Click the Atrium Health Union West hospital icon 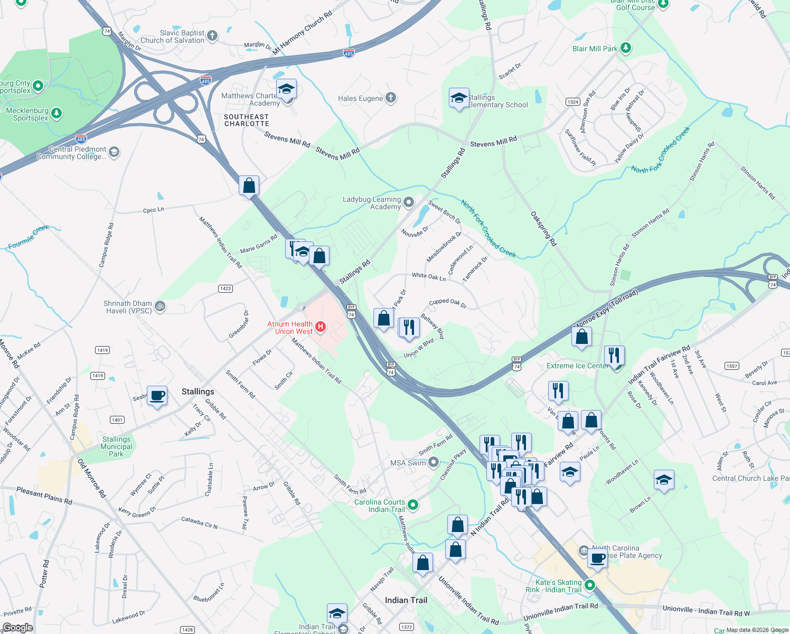pyautogui.click(x=320, y=328)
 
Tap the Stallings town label pyautogui.click(x=198, y=391)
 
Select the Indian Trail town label pyautogui.click(x=406, y=600)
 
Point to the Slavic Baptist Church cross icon pyautogui.click(x=212, y=36)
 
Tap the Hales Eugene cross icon pyautogui.click(x=390, y=98)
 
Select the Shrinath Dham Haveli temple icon pyautogui.click(x=160, y=306)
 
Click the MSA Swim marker pyautogui.click(x=434, y=462)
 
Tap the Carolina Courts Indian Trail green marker pyautogui.click(x=413, y=505)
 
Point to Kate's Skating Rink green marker pyautogui.click(x=589, y=585)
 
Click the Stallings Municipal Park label pyautogui.click(x=116, y=446)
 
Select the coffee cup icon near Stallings pyautogui.click(x=157, y=396)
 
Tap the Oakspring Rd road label pyautogui.click(x=543, y=229)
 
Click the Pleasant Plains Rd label pyautogui.click(x=44, y=495)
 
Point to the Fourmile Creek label pyautogui.click(x=29, y=236)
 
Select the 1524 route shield pyautogui.click(x=573, y=101)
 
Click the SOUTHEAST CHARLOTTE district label pyautogui.click(x=246, y=120)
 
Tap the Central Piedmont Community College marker pyautogui.click(x=114, y=152)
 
